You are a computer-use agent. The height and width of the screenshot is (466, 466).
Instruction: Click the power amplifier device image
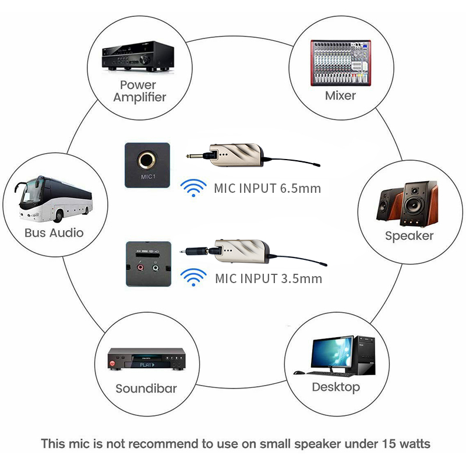pyautogui.click(x=138, y=56)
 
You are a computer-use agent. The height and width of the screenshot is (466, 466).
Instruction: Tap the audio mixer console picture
pyautogui.click(x=341, y=63)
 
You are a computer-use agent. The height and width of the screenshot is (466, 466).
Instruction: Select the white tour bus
pyautogui.click(x=53, y=199)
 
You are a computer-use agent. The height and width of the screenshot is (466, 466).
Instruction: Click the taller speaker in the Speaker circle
pyautogui.click(x=419, y=204)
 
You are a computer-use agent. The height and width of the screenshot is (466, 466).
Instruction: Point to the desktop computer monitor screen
pyautogui.click(x=332, y=353)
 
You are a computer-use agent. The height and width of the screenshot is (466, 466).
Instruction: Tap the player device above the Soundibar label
pyautogui.click(x=147, y=359)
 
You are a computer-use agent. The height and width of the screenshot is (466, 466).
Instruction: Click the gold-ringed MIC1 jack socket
pyautogui.click(x=146, y=161)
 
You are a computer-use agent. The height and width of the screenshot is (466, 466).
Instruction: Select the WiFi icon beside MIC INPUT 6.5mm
pyautogui.click(x=193, y=188)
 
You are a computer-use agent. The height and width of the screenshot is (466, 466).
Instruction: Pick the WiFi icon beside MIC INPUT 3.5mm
pyautogui.click(x=193, y=277)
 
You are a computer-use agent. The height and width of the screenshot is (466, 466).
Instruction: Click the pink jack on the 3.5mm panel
pyautogui.click(x=140, y=267)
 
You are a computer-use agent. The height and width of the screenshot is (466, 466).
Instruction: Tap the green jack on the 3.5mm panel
pyautogui.click(x=155, y=268)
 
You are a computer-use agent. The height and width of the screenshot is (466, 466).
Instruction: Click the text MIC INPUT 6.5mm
pyautogui.click(x=267, y=188)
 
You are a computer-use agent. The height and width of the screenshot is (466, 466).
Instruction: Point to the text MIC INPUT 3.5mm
pyautogui.click(x=269, y=279)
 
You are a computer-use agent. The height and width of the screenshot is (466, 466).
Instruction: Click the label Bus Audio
pyautogui.click(x=54, y=232)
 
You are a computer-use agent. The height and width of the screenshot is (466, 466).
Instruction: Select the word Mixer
pyautogui.click(x=340, y=96)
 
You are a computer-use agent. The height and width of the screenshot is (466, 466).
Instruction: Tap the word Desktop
pyautogui.click(x=336, y=387)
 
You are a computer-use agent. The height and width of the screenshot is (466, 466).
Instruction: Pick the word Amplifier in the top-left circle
pyautogui.click(x=140, y=97)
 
